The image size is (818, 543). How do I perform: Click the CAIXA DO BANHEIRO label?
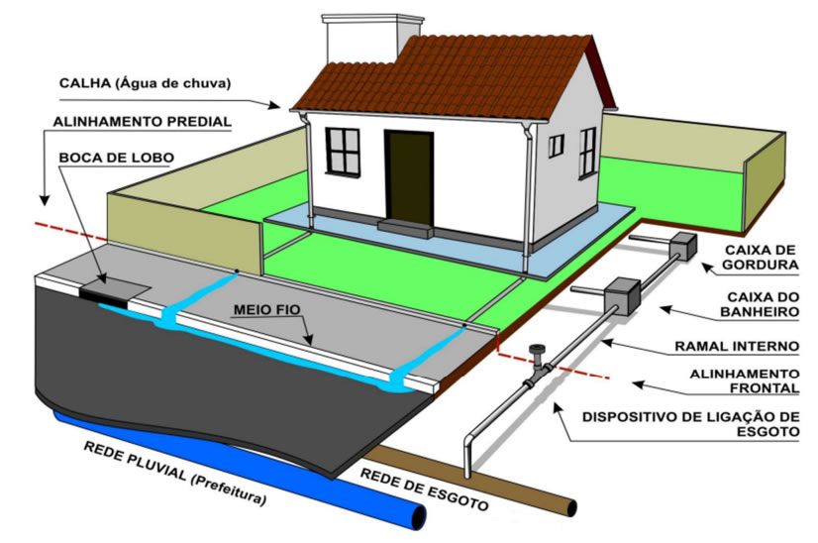tap(761, 303)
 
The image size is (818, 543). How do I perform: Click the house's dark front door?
tap(408, 175)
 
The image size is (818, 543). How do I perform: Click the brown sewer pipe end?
tap(569, 507)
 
